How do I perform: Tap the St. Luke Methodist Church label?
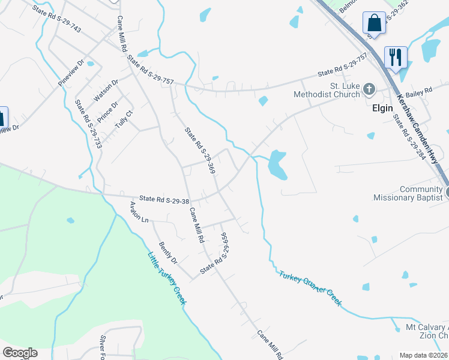[x=327, y=90]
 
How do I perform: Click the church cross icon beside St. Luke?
[x=369, y=90]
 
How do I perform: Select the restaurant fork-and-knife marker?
[x=395, y=58]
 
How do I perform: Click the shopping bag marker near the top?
[x=374, y=23]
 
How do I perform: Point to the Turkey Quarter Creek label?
[x=310, y=288]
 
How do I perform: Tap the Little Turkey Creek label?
[x=166, y=278]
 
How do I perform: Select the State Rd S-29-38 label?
[x=164, y=198]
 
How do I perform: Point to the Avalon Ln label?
[x=139, y=212]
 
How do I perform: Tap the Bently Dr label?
[x=168, y=253]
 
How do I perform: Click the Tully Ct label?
[x=124, y=118]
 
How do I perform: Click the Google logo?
[x=20, y=353]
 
